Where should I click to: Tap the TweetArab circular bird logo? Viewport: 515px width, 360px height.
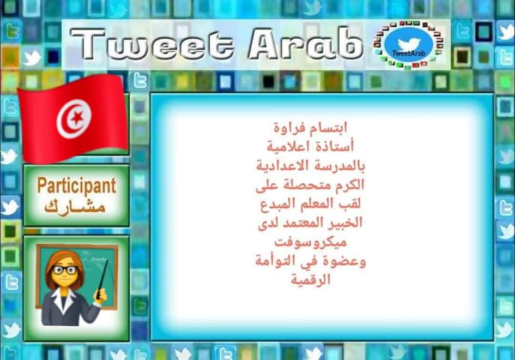(x=408, y=45)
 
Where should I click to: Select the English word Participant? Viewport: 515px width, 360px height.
(x=76, y=185)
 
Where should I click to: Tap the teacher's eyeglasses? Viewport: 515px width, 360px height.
(x=64, y=270)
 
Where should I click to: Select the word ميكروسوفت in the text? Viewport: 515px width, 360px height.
(x=311, y=242)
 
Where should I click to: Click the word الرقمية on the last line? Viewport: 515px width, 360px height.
(x=311, y=280)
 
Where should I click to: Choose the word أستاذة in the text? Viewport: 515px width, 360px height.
(x=337, y=147)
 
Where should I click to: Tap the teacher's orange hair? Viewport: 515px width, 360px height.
(x=54, y=265)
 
